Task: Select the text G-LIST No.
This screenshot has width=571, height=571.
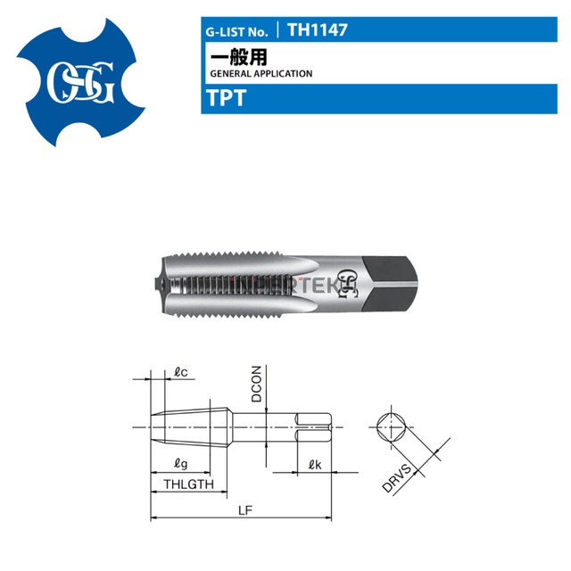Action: point(237,30)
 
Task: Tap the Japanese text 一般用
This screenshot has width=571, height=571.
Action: point(227,55)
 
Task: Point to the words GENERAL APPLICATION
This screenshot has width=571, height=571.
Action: point(260,74)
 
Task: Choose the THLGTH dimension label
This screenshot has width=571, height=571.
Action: point(189,484)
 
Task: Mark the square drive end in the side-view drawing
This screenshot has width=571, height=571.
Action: point(317,426)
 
